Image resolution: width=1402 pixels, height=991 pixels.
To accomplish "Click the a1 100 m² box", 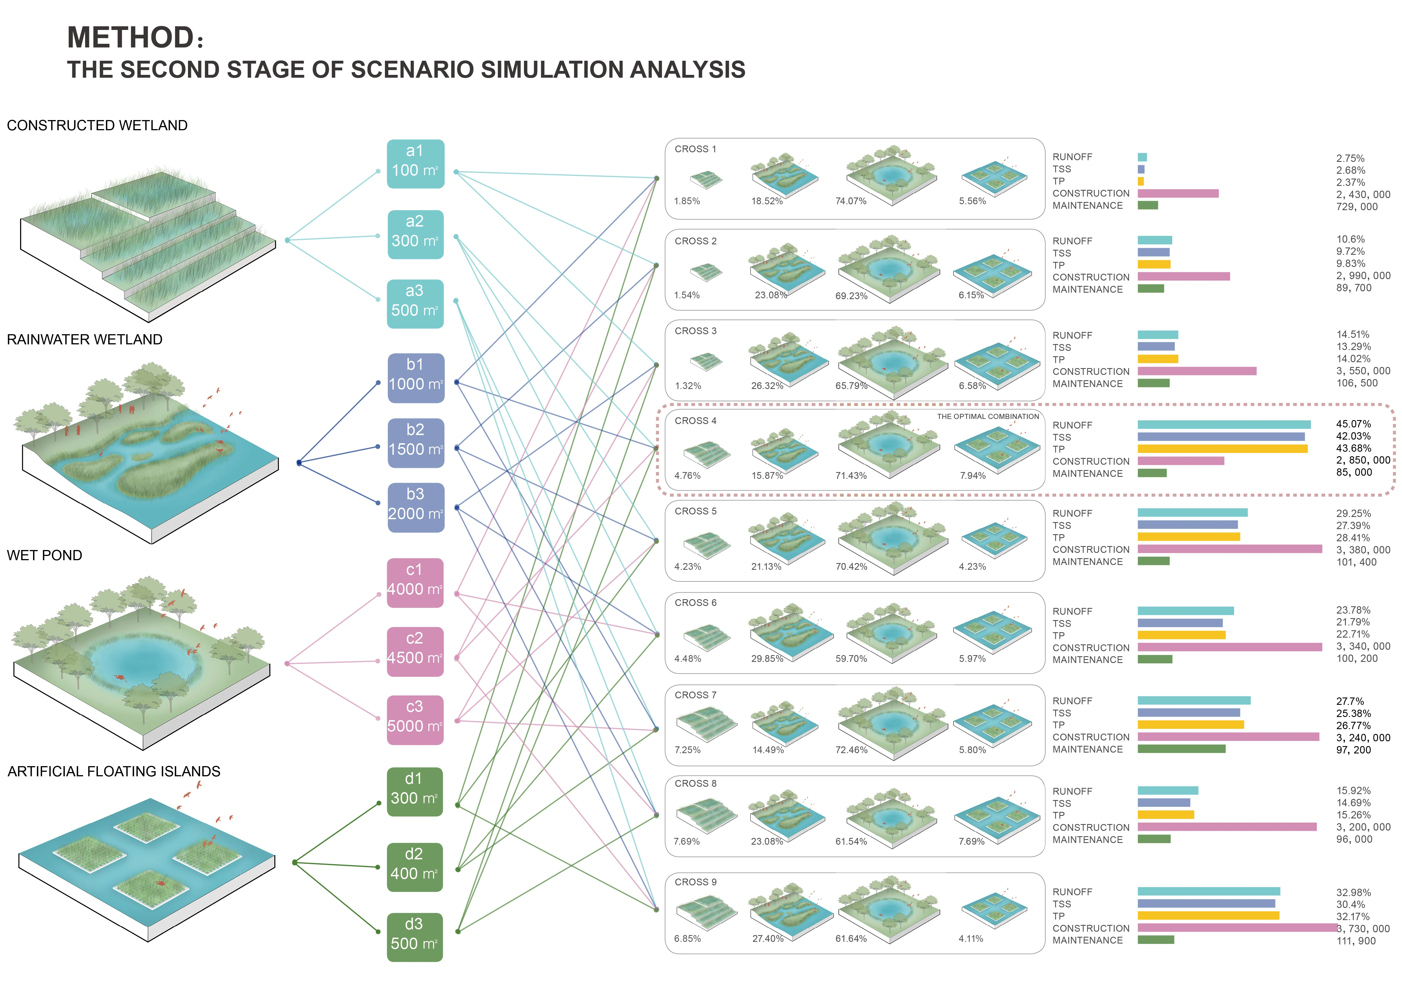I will [x=415, y=164].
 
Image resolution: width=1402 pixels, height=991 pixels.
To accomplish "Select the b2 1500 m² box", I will [x=415, y=443].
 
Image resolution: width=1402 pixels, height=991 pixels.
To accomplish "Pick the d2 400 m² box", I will [x=414, y=866].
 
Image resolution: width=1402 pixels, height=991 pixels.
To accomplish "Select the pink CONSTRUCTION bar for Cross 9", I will [x=1237, y=927].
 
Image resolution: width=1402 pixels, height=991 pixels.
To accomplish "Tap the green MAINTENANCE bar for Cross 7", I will [x=1181, y=749].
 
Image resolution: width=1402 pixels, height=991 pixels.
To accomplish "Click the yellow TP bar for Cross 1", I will [x=1141, y=181].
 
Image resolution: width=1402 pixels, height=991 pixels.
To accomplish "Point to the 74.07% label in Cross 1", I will [x=851, y=201].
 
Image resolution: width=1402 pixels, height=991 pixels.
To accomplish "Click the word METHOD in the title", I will [x=131, y=38].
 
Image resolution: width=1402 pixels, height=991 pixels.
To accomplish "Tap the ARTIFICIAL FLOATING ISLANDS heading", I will [x=114, y=771].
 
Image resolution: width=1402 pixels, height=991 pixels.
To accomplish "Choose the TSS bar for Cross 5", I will [x=1187, y=525].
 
